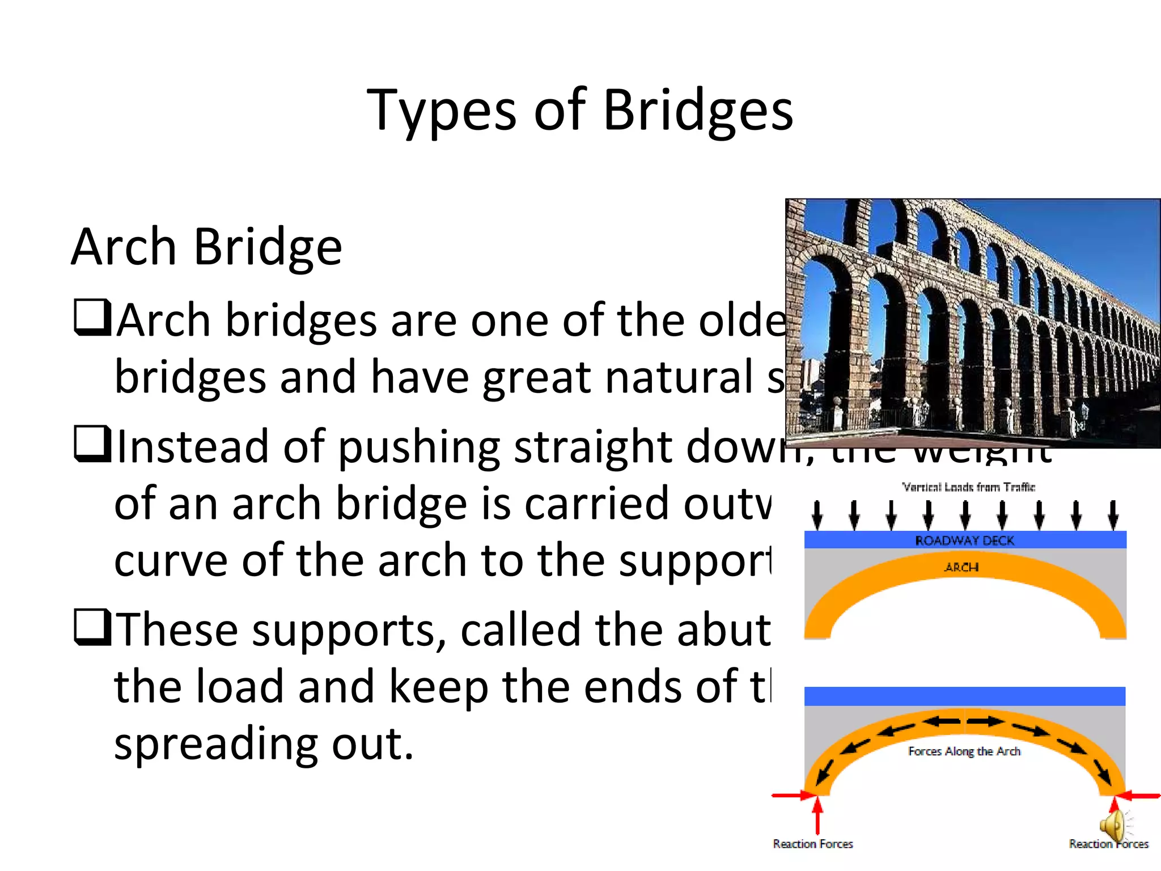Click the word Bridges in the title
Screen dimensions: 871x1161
pyautogui.click(x=698, y=111)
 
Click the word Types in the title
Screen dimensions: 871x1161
pyautogui.click(x=442, y=112)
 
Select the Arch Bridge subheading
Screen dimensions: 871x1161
pyautogui.click(x=207, y=247)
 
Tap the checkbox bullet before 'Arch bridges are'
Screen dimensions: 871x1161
pyautogui.click(x=92, y=318)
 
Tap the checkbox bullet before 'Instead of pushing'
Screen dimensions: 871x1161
pyautogui.click(x=92, y=444)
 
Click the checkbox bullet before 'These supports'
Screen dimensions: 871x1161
pyautogui.click(x=92, y=627)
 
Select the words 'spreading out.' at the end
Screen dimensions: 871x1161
pyautogui.click(x=264, y=744)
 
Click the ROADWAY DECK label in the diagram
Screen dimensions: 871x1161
pyautogui.click(x=964, y=540)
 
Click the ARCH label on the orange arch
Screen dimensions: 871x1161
pyautogui.click(x=961, y=567)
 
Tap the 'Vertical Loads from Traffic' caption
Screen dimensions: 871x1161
pyautogui.click(x=968, y=487)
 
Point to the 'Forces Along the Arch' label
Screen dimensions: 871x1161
pyautogui.click(x=964, y=751)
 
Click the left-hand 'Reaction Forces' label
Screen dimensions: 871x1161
pyautogui.click(x=812, y=844)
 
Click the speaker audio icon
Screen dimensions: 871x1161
pyautogui.click(x=1113, y=827)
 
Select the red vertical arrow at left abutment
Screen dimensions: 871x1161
pyautogui.click(x=817, y=815)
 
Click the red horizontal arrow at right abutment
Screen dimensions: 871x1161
pyautogui.click(x=1141, y=796)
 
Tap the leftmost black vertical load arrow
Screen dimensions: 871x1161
pyautogui.click(x=817, y=515)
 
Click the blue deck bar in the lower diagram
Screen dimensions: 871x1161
pyautogui.click(x=964, y=696)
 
